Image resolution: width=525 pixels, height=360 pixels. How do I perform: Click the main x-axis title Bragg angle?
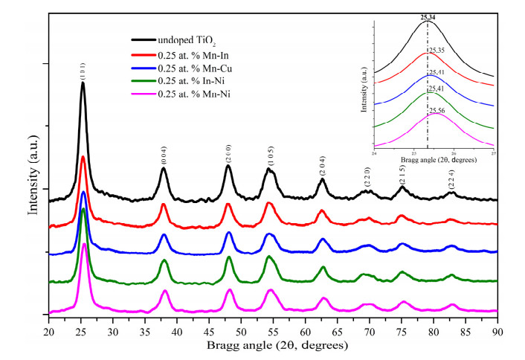point(274,344)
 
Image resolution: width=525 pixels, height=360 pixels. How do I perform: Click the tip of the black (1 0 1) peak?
point(83,83)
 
